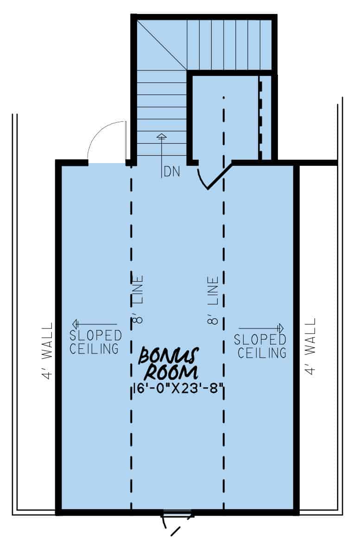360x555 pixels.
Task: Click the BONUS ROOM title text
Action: coord(170,364)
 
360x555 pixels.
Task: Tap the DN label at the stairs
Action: coord(172,172)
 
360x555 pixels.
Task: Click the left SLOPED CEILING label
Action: coord(95,342)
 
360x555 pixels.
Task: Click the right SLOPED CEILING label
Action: coord(260,346)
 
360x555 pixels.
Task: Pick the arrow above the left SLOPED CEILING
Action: coord(95,324)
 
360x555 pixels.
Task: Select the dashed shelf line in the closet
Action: coord(261,118)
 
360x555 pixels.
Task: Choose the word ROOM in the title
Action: coord(172,372)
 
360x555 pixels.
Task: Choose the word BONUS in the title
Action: coord(169,356)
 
